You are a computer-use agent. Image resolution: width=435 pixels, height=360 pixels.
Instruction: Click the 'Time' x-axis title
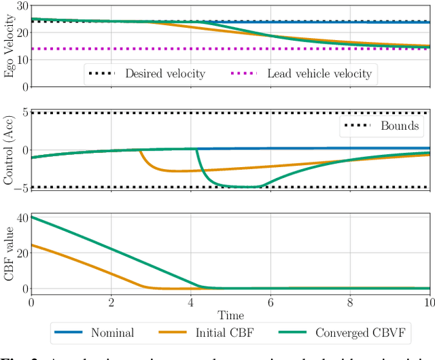click(x=230, y=314)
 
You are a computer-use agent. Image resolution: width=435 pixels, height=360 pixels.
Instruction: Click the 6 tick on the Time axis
click(x=271, y=302)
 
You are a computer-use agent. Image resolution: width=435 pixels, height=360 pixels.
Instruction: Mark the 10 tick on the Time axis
click(x=430, y=302)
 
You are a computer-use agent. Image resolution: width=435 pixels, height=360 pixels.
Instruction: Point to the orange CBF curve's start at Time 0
click(x=32, y=245)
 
